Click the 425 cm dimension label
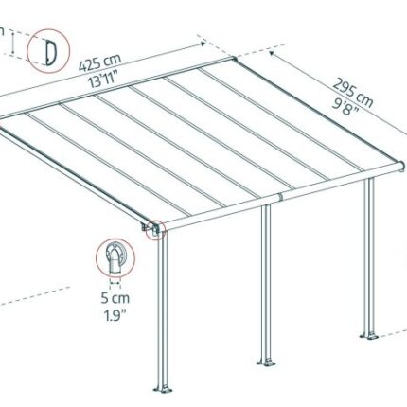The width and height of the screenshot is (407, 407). click(x=100, y=62)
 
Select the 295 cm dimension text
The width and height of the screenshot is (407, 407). click(x=353, y=92)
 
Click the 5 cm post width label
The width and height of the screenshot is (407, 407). click(x=115, y=298)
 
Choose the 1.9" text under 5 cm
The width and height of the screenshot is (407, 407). click(x=115, y=315)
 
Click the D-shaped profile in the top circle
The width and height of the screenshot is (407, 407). click(x=50, y=53)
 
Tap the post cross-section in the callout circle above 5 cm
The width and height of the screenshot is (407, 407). click(x=115, y=257)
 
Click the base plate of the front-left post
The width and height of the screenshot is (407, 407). click(x=163, y=389)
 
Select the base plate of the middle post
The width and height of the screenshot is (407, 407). click(x=266, y=362)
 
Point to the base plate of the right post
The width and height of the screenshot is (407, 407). click(x=369, y=336)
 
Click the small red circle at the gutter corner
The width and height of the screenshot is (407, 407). click(x=155, y=230)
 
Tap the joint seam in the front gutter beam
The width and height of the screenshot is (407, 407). click(x=280, y=197)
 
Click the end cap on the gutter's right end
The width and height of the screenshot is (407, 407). click(x=401, y=167)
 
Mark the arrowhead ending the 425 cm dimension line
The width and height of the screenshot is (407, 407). click(x=203, y=44)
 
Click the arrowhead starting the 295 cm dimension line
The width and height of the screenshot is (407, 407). click(x=273, y=53)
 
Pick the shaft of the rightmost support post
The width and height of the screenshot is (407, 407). click(x=369, y=257)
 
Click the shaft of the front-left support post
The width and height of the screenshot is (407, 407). click(x=163, y=310)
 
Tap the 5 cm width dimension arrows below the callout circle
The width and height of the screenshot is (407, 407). click(x=115, y=283)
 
